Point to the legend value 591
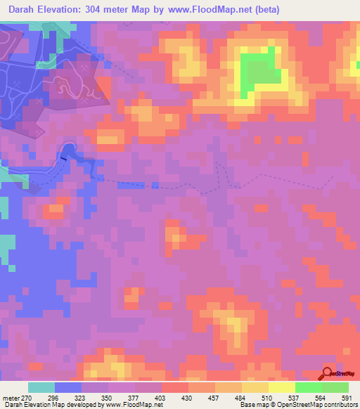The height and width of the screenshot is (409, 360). [x=346, y=397]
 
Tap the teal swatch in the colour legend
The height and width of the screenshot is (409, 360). [x=41, y=387]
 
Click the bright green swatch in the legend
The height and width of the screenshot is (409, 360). [x=308, y=387]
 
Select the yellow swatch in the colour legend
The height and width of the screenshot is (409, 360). [x=281, y=387]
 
